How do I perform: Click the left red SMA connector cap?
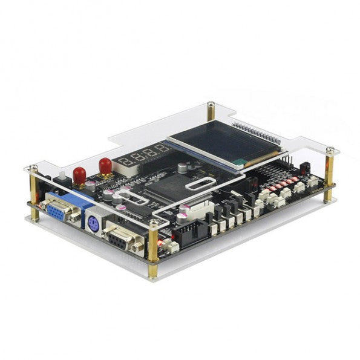point(79,174)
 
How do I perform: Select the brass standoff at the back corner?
point(211,112)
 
